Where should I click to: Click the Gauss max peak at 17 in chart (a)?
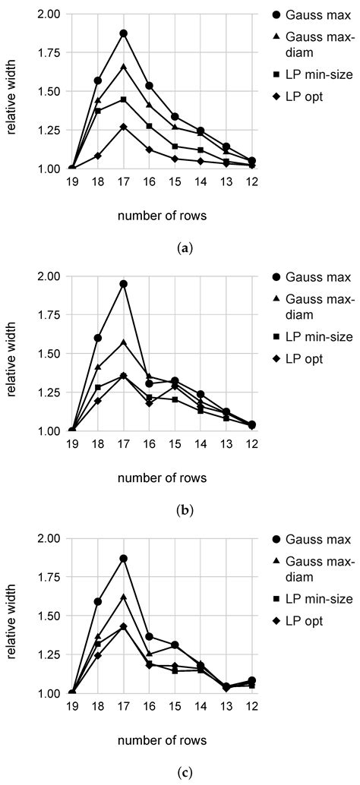(123, 33)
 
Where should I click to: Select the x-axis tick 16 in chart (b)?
(150, 447)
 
